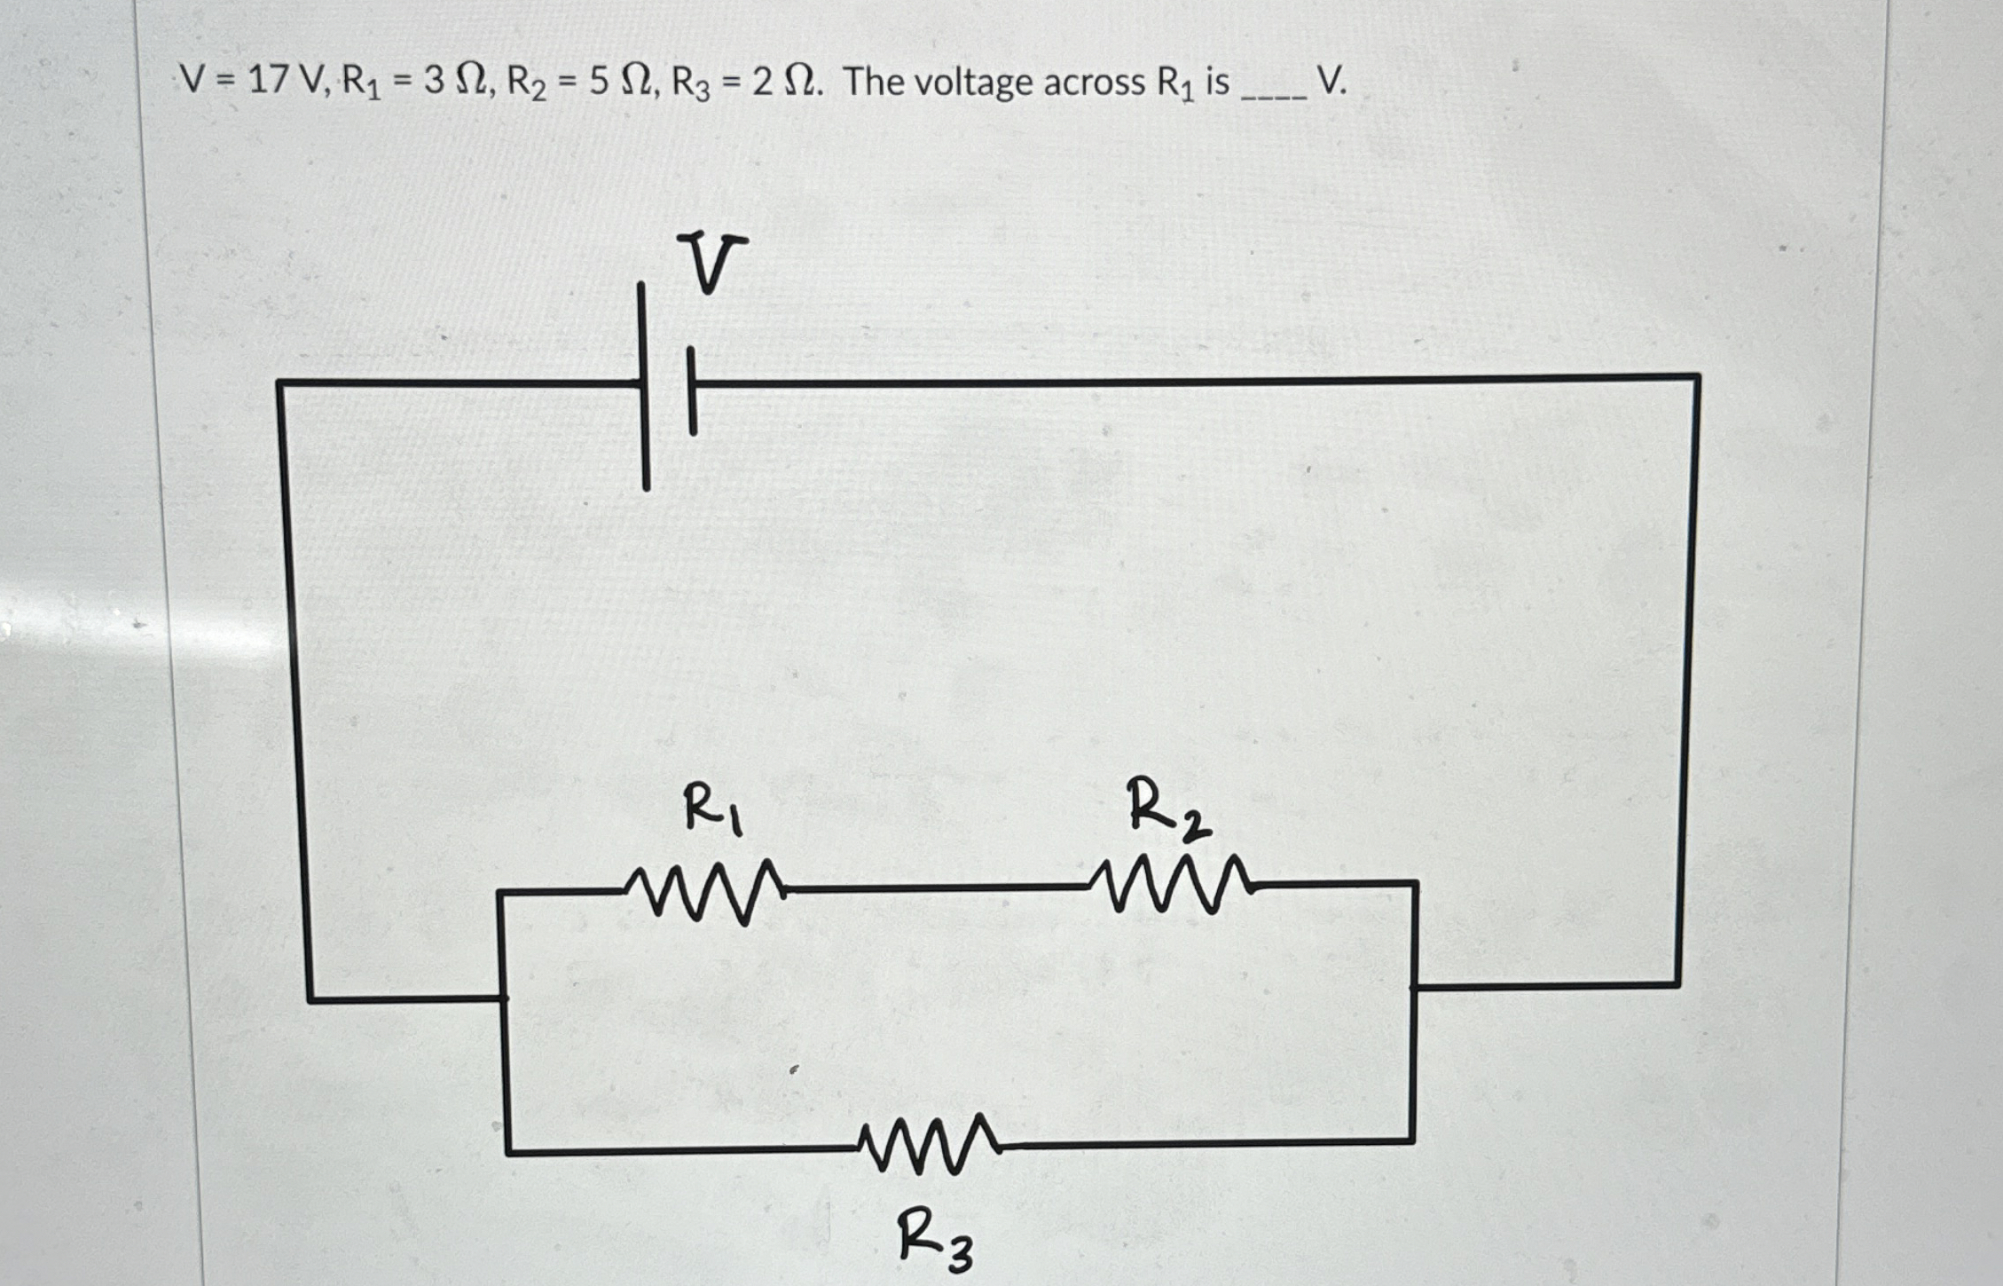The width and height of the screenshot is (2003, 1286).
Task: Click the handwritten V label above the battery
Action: tap(710, 262)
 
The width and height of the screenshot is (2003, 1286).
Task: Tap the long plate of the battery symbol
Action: tap(645, 386)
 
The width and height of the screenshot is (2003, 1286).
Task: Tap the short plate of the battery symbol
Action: tap(692, 391)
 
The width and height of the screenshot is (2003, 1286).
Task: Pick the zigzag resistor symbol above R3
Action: tap(930, 1145)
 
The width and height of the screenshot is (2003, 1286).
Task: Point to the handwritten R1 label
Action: tap(712, 808)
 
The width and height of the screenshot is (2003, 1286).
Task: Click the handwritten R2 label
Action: tap(1166, 808)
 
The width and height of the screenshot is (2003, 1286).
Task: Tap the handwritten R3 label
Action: tap(934, 1240)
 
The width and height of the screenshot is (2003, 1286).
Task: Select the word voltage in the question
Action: tap(972, 83)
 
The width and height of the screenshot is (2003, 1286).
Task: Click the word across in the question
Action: tap(1095, 83)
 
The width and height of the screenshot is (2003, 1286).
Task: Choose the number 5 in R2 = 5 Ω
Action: tap(599, 82)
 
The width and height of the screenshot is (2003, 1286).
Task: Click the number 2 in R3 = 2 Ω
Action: tap(762, 82)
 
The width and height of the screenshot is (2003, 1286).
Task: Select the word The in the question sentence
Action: tap(875, 82)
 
